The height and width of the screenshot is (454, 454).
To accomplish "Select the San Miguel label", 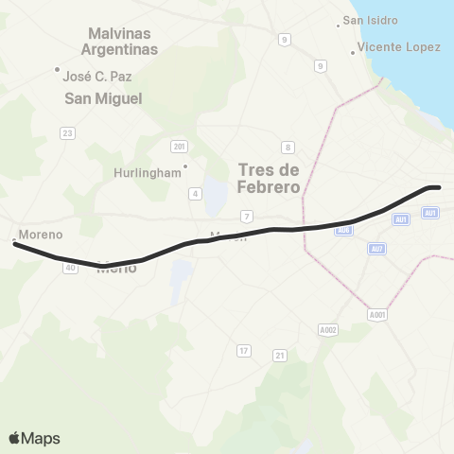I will (103, 98).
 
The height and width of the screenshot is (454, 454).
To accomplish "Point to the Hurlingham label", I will (147, 173).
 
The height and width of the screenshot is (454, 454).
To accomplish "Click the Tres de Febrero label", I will (270, 178).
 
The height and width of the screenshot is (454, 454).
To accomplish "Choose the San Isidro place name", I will (370, 20).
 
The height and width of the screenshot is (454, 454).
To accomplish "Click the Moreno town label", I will (42, 234).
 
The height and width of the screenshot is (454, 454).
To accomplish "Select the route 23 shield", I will (67, 133).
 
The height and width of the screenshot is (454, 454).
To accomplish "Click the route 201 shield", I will (179, 146).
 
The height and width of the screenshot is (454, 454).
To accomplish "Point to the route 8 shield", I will (288, 147).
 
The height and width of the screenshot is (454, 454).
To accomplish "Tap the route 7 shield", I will (245, 218).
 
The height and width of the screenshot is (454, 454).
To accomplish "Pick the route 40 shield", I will (71, 268).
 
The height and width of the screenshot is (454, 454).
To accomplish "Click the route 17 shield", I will (243, 351).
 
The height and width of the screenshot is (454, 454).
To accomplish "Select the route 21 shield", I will (279, 355).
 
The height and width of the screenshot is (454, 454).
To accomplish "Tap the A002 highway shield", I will (328, 330).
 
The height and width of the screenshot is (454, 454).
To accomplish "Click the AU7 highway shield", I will (377, 248).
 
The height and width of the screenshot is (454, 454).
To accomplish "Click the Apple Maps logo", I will (34, 438).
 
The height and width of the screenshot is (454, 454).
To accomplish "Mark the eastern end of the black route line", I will (439, 187).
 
